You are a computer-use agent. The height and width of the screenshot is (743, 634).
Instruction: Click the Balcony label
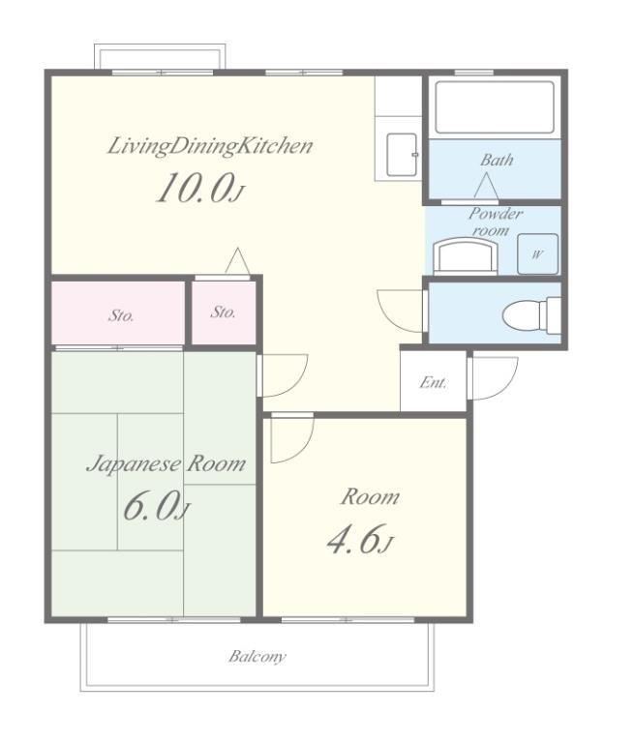[x=257, y=657]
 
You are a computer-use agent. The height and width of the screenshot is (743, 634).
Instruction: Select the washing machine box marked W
[x=538, y=254]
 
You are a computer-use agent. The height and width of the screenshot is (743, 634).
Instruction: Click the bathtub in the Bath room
[x=495, y=107]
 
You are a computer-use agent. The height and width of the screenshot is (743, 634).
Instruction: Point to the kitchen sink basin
[x=402, y=155]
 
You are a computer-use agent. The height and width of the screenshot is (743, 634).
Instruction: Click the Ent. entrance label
[x=433, y=382]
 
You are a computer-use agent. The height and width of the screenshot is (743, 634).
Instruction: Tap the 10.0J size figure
[x=200, y=188]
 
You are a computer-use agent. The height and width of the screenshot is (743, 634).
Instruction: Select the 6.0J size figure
[x=157, y=507]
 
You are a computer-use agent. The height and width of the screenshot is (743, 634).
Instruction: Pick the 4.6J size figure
[x=360, y=540]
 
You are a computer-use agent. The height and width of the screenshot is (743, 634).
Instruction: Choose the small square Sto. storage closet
[x=224, y=312]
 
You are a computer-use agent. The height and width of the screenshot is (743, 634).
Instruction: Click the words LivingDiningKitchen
[x=210, y=146]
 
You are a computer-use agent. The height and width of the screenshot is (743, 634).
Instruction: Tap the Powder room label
[x=495, y=222]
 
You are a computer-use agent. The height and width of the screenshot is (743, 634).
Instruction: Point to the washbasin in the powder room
[x=467, y=255]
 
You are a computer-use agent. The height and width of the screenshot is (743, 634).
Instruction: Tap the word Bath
[x=497, y=160]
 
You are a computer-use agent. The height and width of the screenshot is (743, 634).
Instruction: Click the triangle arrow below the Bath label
[x=486, y=186]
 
